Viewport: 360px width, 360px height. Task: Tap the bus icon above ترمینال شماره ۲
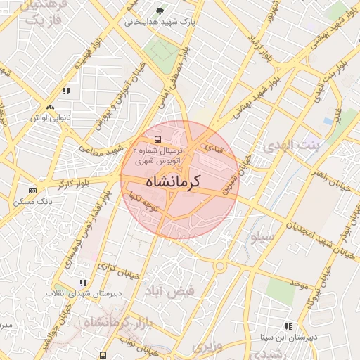pos(157,139)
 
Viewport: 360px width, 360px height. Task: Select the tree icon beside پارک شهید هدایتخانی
pos(160,11)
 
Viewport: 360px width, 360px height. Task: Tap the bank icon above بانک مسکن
pos(32,191)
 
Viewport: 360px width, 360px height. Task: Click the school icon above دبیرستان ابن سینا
pos(288,326)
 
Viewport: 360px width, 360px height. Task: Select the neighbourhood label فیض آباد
pos(167,290)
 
